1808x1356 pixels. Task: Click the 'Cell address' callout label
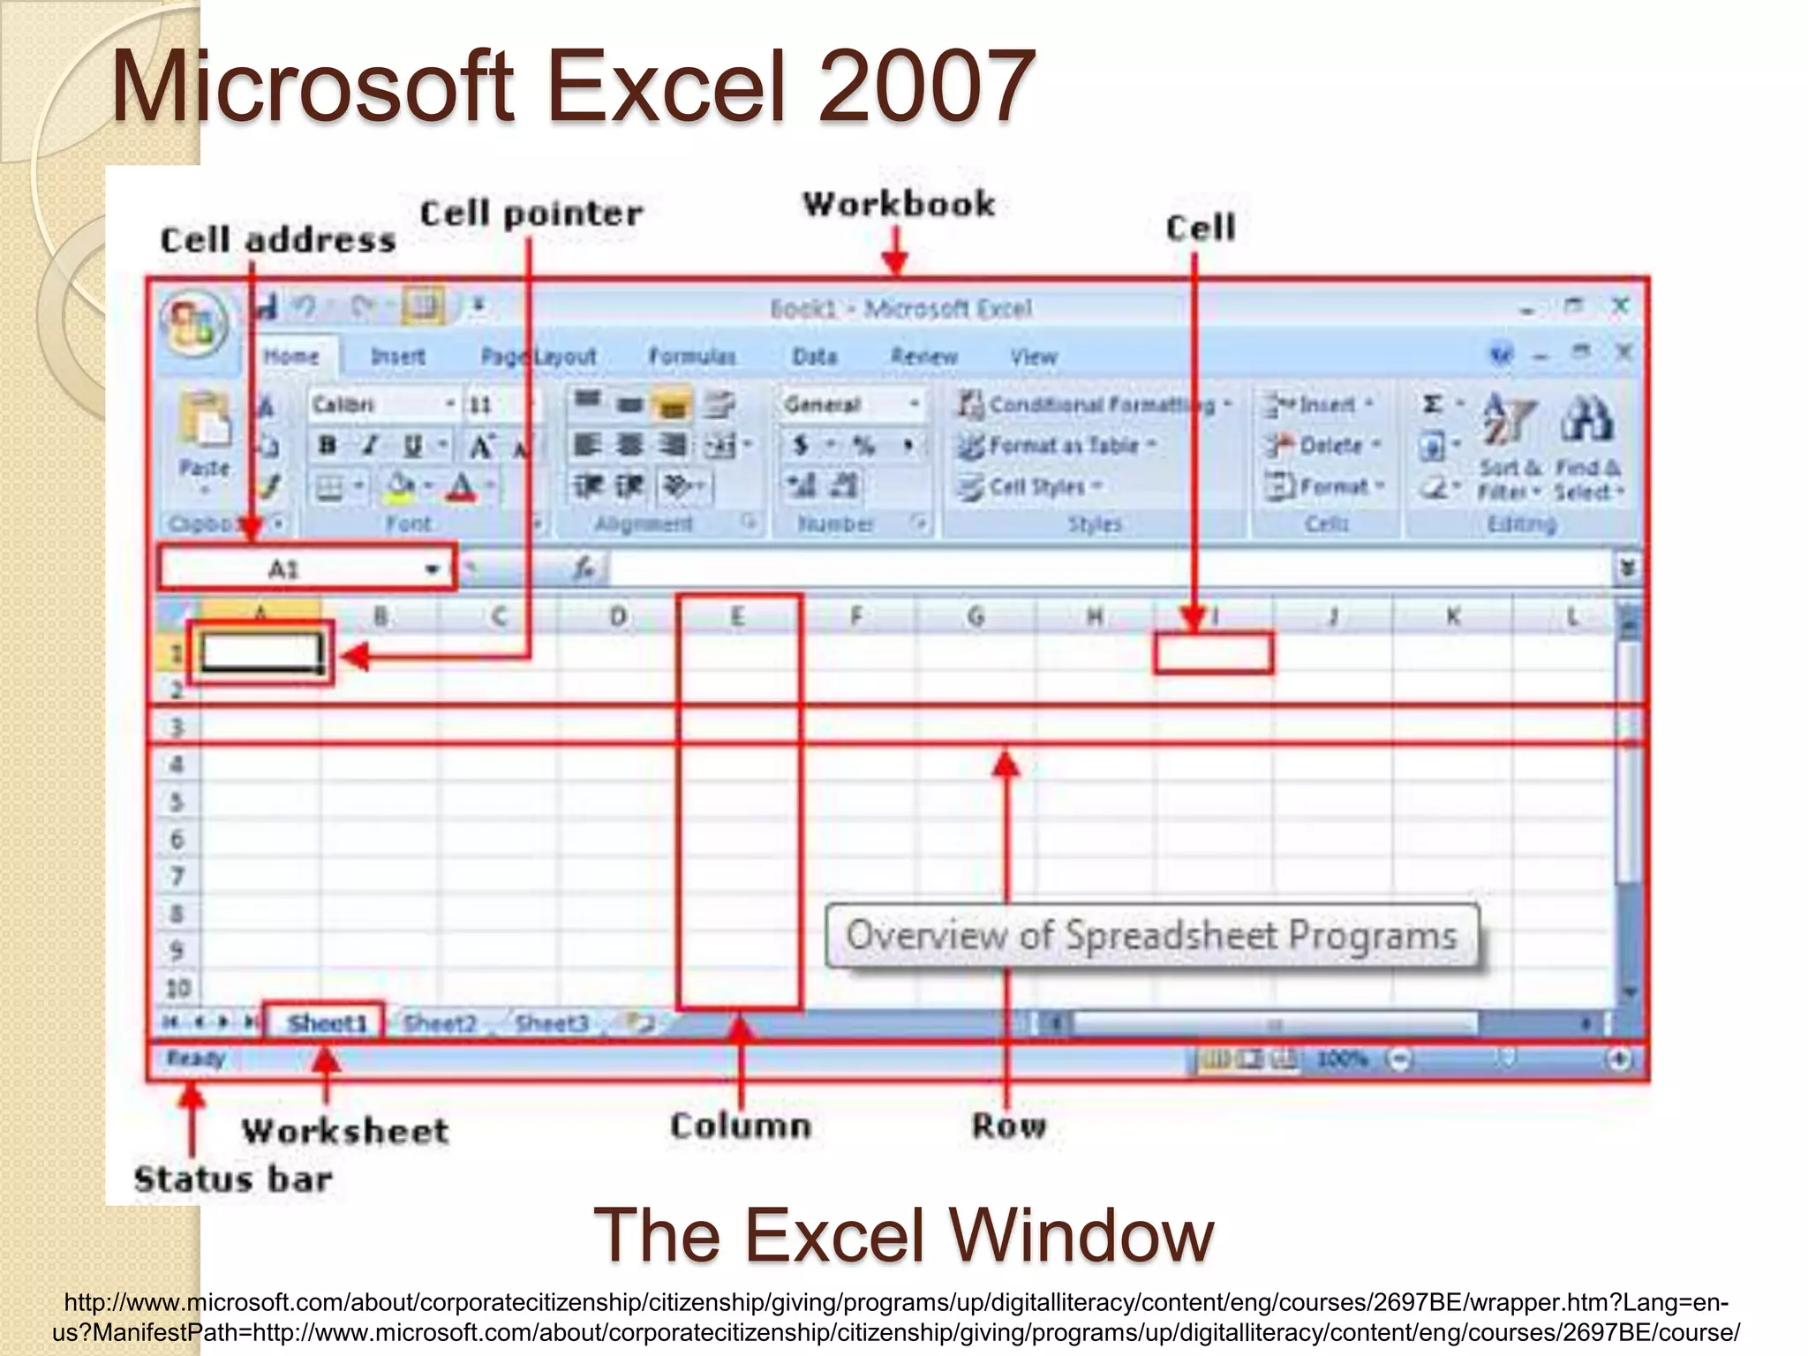click(x=277, y=240)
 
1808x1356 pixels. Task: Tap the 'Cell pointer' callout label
click(x=531, y=214)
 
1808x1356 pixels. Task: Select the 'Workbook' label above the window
click(x=899, y=204)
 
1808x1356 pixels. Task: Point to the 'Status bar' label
click(x=233, y=1179)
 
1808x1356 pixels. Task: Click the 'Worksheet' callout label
click(x=345, y=1131)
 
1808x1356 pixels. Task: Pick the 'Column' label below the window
click(x=740, y=1126)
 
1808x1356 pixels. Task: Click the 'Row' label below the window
click(x=1009, y=1126)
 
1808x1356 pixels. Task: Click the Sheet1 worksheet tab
click(x=327, y=1023)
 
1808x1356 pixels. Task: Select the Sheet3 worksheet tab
click(x=551, y=1023)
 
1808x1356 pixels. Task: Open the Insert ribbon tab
click(x=397, y=357)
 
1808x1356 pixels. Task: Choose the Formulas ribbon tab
click(x=692, y=357)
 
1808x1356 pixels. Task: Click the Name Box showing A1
click(x=305, y=569)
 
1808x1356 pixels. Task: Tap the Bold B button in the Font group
click(x=328, y=445)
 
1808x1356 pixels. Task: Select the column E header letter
click(x=737, y=616)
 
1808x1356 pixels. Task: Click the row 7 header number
click(x=177, y=877)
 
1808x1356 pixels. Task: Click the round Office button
click(x=195, y=324)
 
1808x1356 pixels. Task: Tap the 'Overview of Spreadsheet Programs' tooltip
click(x=1151, y=936)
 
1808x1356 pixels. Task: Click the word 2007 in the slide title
click(x=926, y=87)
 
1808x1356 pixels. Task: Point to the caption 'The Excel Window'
click(x=903, y=1235)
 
